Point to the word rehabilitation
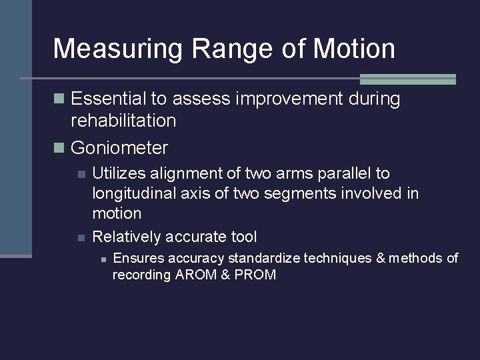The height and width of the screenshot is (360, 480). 123,121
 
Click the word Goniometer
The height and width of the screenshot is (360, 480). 119,147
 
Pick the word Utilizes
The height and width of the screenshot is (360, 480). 117,173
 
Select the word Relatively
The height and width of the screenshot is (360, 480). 126,237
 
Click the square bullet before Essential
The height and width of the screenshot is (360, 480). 59,99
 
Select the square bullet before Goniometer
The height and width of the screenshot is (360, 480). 59,147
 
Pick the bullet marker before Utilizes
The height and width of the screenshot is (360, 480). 81,174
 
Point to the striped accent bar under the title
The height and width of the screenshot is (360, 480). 407,79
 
